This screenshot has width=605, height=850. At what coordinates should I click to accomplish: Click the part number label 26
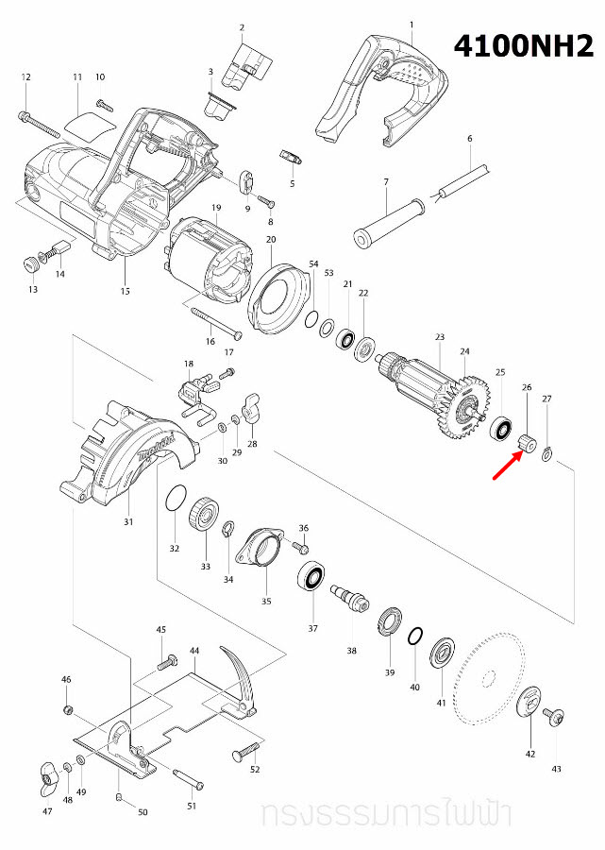pyautogui.click(x=527, y=388)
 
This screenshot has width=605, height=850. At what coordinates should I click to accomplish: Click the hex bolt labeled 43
pyautogui.click(x=554, y=720)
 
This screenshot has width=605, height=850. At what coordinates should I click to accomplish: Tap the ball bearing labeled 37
pyautogui.click(x=312, y=577)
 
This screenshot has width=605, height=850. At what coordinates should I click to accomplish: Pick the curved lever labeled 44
pyautogui.click(x=236, y=675)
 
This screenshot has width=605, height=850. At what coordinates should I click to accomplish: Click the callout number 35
pyautogui.click(x=266, y=601)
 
